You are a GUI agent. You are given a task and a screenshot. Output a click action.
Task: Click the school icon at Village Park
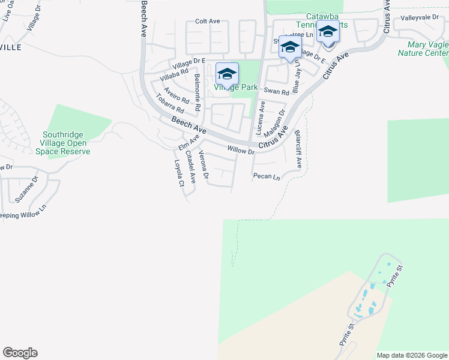pos(227,74)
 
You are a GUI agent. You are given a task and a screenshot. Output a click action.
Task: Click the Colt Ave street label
pos(207,21)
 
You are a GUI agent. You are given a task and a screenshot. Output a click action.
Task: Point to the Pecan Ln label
pos(267,177)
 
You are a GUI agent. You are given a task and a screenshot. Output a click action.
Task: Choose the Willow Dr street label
pos(241,150)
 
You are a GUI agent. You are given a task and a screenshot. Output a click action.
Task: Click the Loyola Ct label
pos(178,173)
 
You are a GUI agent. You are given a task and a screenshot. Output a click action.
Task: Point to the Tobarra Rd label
pos(169,104)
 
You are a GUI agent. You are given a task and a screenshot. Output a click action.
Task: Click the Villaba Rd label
pos(174,74)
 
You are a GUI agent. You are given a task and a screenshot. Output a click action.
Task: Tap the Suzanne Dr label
pos(27,188)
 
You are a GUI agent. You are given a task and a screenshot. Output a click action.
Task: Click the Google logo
pos(20,353)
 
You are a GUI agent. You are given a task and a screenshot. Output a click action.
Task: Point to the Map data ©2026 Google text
pos(411,355)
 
